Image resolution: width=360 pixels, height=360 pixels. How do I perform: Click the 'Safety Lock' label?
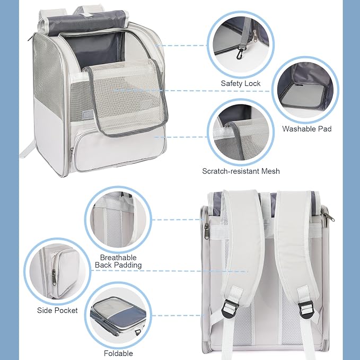tap(240, 83)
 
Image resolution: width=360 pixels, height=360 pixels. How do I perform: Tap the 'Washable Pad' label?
tap(307, 129)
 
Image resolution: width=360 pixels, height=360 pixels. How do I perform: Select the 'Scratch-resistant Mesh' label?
tap(241, 171)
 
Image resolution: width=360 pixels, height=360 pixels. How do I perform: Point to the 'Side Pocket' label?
tap(57, 310)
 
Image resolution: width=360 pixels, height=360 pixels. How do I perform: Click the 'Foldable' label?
tap(118, 353)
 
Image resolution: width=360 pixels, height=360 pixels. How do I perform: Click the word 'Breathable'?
tap(118, 257)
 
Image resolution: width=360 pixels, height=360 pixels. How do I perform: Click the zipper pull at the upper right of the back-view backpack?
tap(330, 216)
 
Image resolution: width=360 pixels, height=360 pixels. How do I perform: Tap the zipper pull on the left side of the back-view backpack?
tap(207, 230)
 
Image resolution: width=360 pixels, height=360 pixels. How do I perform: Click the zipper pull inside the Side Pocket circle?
tap(54, 277)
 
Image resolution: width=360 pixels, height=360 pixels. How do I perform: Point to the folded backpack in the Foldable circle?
tap(118, 315)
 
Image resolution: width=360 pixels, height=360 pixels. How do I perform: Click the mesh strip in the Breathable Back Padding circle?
tap(113, 227)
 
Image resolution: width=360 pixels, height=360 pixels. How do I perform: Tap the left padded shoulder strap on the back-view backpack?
tap(243, 241)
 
